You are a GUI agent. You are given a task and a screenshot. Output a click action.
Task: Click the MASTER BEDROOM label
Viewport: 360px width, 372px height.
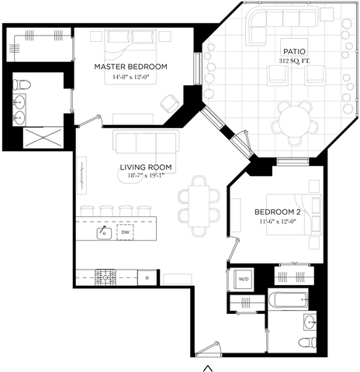pos(130,67)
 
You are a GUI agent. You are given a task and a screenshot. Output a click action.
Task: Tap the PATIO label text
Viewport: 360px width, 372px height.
pos(294,51)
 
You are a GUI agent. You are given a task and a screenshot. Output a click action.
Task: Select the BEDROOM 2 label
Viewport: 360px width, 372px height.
pos(278,212)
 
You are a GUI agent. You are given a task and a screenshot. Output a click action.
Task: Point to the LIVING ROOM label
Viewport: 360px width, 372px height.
pos(146,167)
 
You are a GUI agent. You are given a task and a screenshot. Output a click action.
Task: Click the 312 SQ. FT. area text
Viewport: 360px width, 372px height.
pos(294,61)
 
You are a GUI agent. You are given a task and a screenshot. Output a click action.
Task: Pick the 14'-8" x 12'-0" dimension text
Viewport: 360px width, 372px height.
pos(131,77)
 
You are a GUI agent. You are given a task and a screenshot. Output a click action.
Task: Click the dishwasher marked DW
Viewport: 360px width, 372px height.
pos(125,232)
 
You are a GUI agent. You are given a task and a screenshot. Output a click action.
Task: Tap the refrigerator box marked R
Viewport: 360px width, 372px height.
pos(147,278)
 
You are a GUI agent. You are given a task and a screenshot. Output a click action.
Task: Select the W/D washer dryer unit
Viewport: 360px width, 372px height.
pos(244,279)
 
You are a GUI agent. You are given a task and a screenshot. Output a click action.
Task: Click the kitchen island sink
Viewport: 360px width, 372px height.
pos(104,232)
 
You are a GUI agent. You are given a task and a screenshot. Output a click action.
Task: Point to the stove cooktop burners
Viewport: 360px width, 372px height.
pos(106,277)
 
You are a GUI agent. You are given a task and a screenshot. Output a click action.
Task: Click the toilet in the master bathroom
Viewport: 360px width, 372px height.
pos(22,84)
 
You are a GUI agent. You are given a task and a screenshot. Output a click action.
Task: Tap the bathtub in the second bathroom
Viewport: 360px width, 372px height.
pos(288,300)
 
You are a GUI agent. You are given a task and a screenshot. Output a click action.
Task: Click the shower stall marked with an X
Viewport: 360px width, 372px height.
pos(43,138)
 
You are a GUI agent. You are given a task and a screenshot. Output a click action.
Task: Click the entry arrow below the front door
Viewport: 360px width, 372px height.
pos(208,368)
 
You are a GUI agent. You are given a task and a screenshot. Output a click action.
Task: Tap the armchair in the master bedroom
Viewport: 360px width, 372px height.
pos(170,103)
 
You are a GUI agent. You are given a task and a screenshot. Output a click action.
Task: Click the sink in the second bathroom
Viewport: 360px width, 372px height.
pos(310,322)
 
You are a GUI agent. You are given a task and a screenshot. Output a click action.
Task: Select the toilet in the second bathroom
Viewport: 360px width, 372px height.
pos(307,343)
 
